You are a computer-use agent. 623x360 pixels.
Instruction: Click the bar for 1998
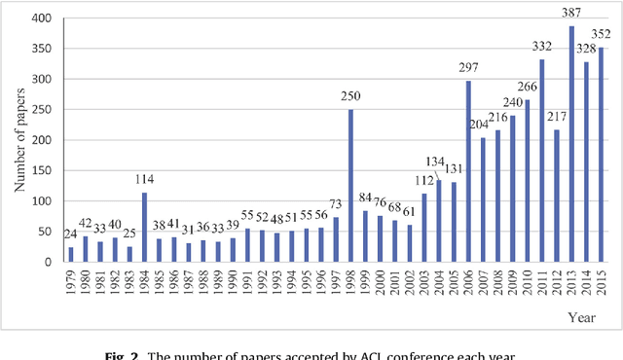coord(351,185)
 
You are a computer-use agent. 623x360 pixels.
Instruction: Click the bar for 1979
coord(71,254)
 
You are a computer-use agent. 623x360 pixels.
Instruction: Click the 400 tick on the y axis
coord(43,18)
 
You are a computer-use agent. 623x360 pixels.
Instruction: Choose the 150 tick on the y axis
coord(43,170)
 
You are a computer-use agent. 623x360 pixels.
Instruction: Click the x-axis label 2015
coord(603,282)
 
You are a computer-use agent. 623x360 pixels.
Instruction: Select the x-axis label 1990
coord(233,282)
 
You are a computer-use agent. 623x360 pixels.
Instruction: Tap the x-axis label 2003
coord(423,282)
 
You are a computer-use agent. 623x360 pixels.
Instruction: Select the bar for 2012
coord(556,196)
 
